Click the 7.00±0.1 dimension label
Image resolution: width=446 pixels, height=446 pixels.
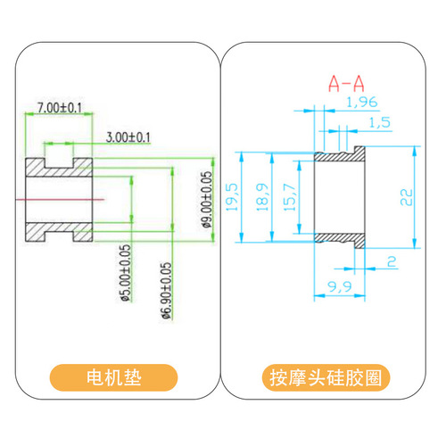[60, 108]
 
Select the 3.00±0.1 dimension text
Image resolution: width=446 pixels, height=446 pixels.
[128, 137]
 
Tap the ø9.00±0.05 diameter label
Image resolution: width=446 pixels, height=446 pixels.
[207, 200]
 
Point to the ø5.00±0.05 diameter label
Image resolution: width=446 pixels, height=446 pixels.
[126, 273]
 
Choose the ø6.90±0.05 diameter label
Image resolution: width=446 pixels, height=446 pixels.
[167, 291]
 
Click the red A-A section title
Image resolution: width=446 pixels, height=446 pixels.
[346, 84]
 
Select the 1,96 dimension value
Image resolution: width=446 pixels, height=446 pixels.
[362, 103]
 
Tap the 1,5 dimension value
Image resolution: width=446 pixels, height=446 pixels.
[380, 122]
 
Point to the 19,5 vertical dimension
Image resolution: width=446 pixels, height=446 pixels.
[232, 197]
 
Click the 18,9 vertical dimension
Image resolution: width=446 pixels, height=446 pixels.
[262, 197]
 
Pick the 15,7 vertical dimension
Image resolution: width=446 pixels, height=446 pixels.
[290, 197]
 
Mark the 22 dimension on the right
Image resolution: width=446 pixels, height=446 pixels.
[407, 197]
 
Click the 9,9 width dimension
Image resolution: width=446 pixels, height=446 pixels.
[340, 286]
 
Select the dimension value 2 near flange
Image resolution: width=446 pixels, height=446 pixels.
[392, 261]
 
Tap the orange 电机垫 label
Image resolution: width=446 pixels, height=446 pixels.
[113, 377]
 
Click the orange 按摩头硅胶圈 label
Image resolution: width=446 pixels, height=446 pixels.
[326, 377]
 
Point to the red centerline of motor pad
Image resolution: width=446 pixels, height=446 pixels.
[60, 200]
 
